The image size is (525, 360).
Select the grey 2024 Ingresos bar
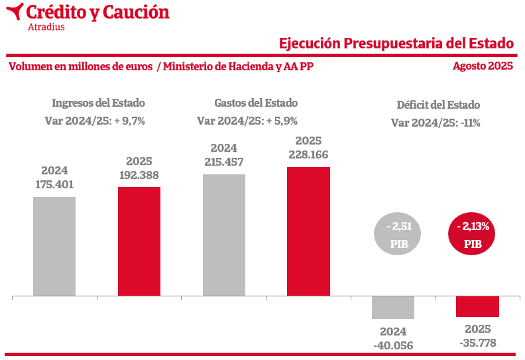pyautogui.click(x=54, y=246)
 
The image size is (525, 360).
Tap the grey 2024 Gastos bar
pyautogui.click(x=224, y=235)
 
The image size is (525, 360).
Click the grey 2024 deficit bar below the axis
pyautogui.click(x=393, y=308)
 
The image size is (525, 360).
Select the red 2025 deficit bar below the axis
pyautogui.click(x=477, y=306)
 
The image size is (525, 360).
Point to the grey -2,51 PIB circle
pyautogui.click(x=400, y=235)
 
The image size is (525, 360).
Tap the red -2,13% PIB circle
pyautogui.click(x=473, y=235)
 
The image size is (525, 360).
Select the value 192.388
pyautogui.click(x=139, y=176)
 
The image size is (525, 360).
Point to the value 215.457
pyautogui.click(x=224, y=162)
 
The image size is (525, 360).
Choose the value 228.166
pyautogui.click(x=308, y=154)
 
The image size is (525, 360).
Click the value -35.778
pyautogui.click(x=477, y=343)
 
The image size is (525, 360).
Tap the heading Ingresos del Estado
pyautogui.click(x=98, y=103)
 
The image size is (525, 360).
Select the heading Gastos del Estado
pyautogui.click(x=256, y=103)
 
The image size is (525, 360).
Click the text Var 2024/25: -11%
pyautogui.click(x=436, y=123)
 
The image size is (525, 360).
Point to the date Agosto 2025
pyautogui.click(x=483, y=66)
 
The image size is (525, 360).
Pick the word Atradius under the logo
pyautogui.click(x=46, y=27)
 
